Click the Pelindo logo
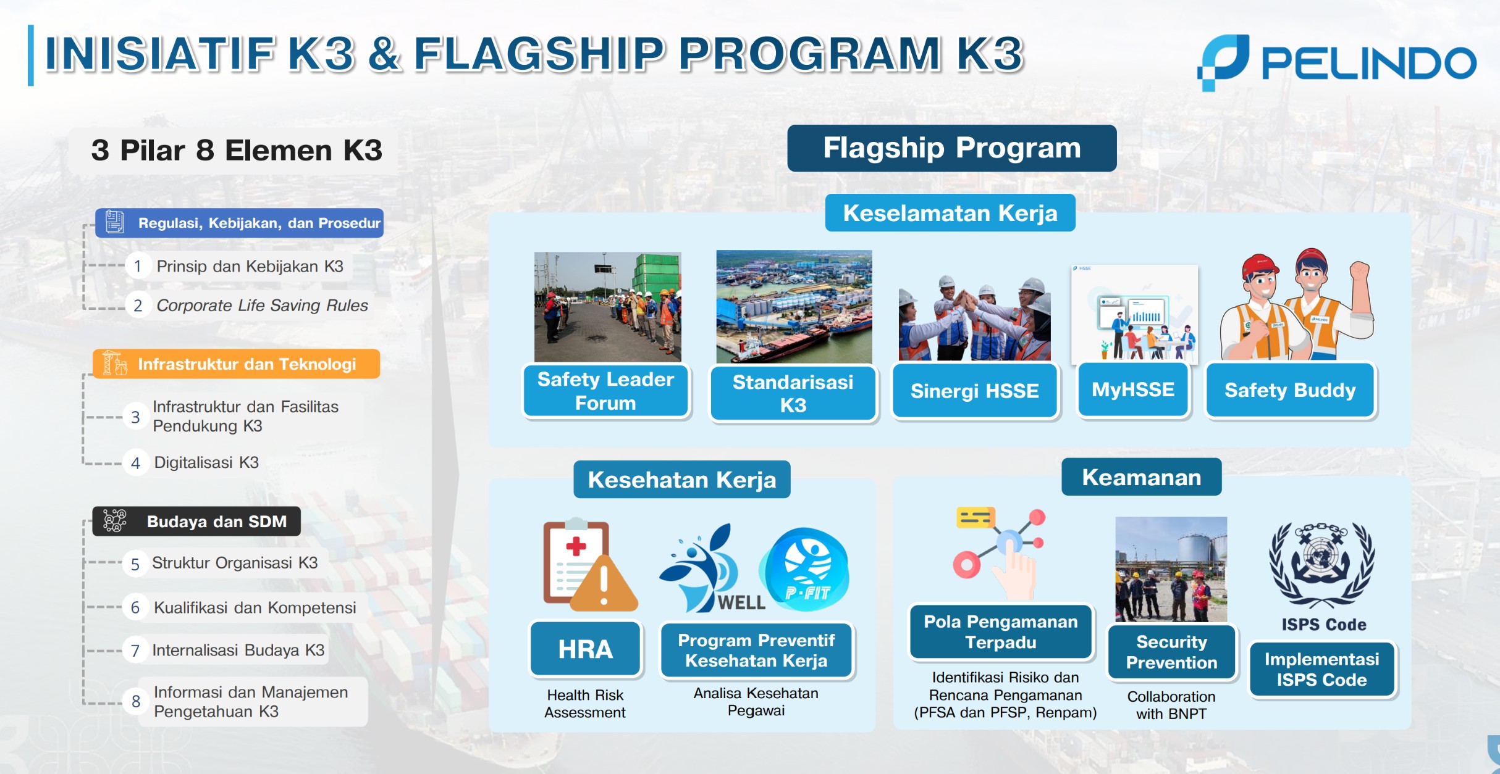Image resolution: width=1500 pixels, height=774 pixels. click(x=1336, y=63)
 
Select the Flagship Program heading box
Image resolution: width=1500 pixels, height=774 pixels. click(x=951, y=148)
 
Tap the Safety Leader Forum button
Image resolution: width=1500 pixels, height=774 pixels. click(x=605, y=391)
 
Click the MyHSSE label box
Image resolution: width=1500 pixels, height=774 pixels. click(x=1133, y=389)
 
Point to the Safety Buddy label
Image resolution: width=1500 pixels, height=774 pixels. click(x=1290, y=390)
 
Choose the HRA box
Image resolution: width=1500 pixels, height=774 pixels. click(x=586, y=649)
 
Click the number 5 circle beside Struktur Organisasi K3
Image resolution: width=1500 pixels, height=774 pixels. click(x=135, y=564)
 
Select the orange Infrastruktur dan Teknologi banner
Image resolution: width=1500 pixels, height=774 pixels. click(x=236, y=364)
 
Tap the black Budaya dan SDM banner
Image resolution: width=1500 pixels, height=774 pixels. click(x=196, y=522)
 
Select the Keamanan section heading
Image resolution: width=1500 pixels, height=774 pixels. click(x=1142, y=477)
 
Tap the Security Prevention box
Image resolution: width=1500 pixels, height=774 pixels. click(x=1171, y=652)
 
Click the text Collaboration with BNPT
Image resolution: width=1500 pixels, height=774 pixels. click(x=1171, y=705)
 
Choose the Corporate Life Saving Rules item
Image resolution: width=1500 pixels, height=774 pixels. click(x=262, y=305)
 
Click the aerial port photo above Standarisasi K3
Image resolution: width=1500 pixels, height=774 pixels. click(x=794, y=306)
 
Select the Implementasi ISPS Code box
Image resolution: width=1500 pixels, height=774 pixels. click(x=1322, y=670)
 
